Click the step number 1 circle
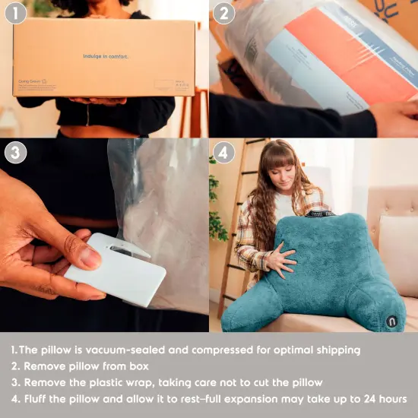pos(15,14)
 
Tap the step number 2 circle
pos(223,14)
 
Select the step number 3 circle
pos(15,152)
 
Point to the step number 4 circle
pos(223,152)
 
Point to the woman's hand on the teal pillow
pos(282,261)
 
